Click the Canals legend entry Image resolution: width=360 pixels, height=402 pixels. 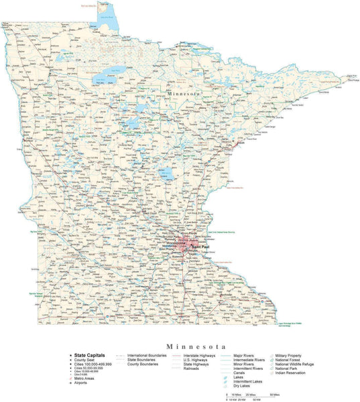[241, 373]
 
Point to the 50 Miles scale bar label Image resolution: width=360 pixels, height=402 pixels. [275, 395]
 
